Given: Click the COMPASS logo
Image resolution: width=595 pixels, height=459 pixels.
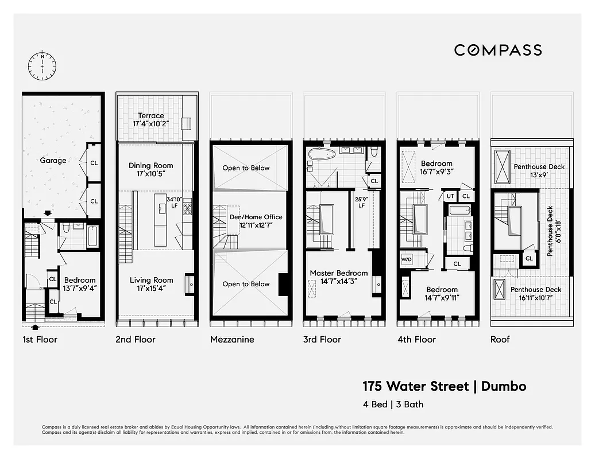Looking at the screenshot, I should point(498,50).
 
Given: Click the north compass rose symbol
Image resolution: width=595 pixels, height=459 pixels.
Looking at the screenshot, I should point(42,66).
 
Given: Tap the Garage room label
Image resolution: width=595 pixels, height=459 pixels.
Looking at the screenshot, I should point(53,161).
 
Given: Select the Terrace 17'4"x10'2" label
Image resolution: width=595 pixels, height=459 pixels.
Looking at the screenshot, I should point(151,119).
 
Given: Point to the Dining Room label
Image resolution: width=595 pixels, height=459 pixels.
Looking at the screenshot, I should point(150,169).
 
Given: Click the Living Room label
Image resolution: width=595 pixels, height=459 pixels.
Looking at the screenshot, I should point(151,285).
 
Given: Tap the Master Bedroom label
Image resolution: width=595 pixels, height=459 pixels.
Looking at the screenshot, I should point(339,277).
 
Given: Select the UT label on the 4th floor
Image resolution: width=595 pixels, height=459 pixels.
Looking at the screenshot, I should point(450,196).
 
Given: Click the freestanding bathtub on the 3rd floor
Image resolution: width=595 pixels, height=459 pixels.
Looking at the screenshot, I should point(322,154).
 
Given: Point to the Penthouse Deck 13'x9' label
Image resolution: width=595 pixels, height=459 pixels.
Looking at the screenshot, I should point(539,170).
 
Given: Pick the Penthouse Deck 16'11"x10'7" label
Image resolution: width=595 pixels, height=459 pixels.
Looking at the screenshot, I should point(536,294).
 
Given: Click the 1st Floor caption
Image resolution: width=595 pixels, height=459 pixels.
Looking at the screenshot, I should point(40,339).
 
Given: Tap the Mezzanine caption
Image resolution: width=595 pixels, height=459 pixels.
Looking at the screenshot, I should point(232,339).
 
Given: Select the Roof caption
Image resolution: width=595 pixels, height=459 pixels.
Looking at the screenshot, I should point(500,339).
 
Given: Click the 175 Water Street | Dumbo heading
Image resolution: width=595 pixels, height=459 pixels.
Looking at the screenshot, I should point(444,386).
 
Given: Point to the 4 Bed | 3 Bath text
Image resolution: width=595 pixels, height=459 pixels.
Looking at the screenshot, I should point(393,404).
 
